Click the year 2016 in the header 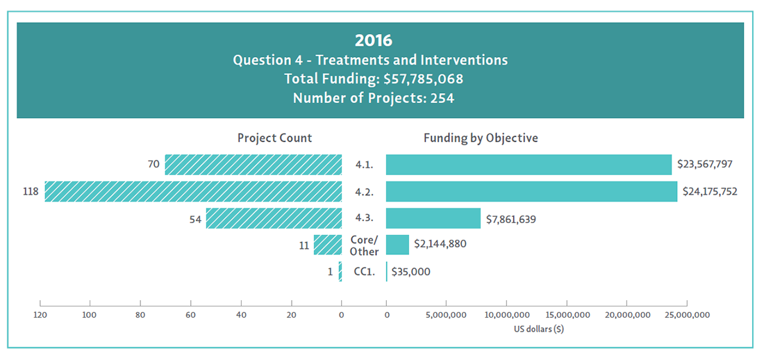click(373, 40)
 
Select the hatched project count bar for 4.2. click(193, 191)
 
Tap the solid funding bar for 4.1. click(529, 165)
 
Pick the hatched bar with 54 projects click(274, 218)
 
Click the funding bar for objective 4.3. click(433, 218)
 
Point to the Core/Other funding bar click(397, 245)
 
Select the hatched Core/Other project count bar click(328, 245)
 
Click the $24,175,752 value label click(710, 191)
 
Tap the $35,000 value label click(411, 272)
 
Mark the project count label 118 click(31, 191)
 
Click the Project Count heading click(274, 138)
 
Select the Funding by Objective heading click(481, 138)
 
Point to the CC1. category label click(364, 272)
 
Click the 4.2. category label click(364, 191)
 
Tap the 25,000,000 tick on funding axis click(686, 315)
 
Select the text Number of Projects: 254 click(373, 98)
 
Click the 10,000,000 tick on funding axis click(506, 315)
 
